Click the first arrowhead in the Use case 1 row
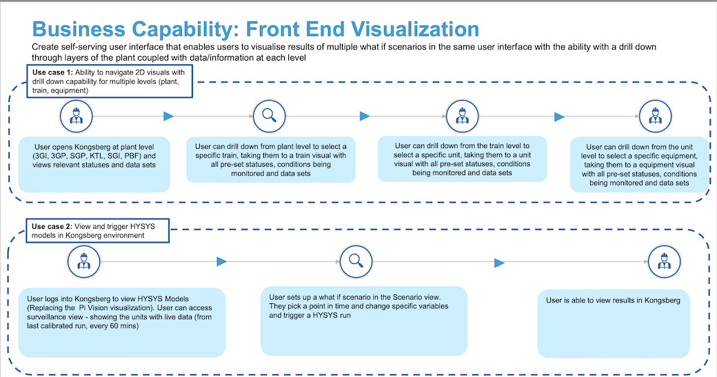(x=168, y=116)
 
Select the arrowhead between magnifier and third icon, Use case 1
(x=365, y=116)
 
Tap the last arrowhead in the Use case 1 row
(x=556, y=116)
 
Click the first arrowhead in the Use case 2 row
(x=221, y=261)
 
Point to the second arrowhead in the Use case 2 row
(x=498, y=261)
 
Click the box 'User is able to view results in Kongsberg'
(x=614, y=300)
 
